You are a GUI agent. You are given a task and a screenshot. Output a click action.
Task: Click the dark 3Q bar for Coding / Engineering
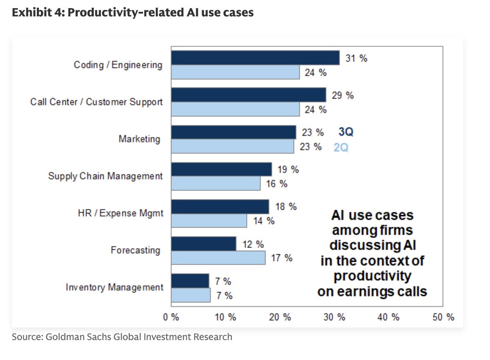click(255, 58)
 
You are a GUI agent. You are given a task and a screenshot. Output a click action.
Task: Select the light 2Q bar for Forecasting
click(218, 258)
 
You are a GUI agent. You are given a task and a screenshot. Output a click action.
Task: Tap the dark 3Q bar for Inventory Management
click(190, 281)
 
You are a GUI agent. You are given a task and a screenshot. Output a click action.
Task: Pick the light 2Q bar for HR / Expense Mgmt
click(209, 221)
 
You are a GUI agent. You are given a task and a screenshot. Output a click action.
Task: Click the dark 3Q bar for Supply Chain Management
click(221, 169)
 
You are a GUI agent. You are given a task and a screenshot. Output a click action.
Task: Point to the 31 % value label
click(356, 58)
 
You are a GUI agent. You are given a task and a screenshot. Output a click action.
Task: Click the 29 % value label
click(343, 96)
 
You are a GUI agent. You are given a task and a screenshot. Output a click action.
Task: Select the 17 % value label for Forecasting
click(282, 258)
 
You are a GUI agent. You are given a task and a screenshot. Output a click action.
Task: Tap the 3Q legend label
click(345, 132)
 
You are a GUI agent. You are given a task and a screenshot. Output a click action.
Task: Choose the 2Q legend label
click(341, 147)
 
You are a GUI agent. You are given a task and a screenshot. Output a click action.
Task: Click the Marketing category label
click(140, 139)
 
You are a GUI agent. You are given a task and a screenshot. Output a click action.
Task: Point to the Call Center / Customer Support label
click(96, 102)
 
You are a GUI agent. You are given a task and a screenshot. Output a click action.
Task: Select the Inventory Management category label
click(114, 287)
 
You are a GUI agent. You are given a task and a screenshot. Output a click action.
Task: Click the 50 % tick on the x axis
click(443, 318)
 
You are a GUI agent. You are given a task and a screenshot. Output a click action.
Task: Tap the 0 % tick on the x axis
click(171, 318)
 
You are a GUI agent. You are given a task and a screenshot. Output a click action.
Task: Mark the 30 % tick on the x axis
click(335, 318)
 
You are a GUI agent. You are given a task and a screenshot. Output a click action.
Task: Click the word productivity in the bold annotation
click(372, 276)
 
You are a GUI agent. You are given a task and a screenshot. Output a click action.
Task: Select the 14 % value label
click(264, 221)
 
